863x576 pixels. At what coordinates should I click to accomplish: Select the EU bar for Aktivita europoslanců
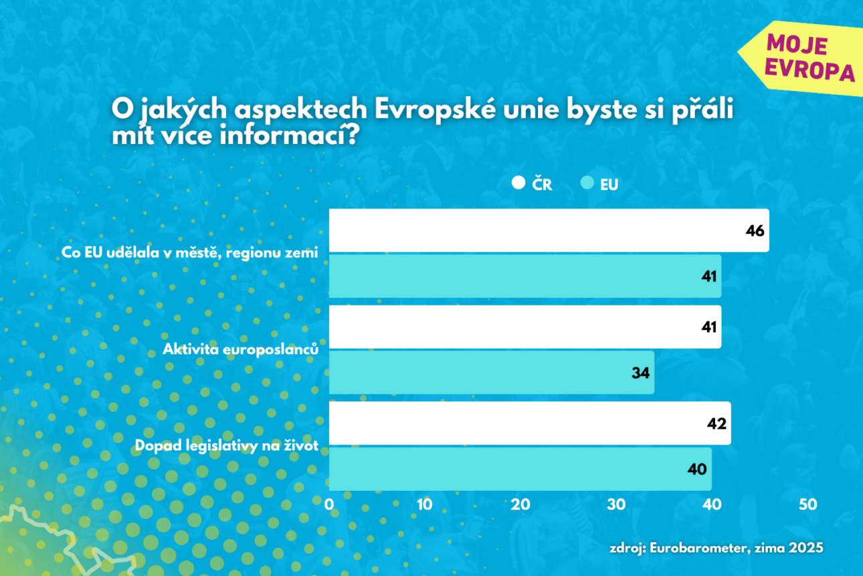491,372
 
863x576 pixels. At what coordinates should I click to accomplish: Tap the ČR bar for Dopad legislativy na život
529,423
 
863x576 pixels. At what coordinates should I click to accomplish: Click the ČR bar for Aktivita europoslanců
524,327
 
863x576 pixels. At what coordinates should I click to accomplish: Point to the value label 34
641,373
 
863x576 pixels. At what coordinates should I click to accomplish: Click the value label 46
755,231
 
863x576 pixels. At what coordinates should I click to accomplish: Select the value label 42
716,424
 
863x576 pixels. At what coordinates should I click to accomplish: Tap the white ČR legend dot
518,183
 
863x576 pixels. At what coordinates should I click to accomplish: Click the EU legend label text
609,185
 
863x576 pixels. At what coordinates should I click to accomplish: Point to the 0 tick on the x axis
329,504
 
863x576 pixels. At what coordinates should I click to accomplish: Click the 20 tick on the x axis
520,504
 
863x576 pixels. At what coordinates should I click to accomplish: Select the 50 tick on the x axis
808,504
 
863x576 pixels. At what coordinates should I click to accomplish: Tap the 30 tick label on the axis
616,504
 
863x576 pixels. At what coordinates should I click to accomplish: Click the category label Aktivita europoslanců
239,349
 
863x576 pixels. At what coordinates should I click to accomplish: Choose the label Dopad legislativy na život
226,445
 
